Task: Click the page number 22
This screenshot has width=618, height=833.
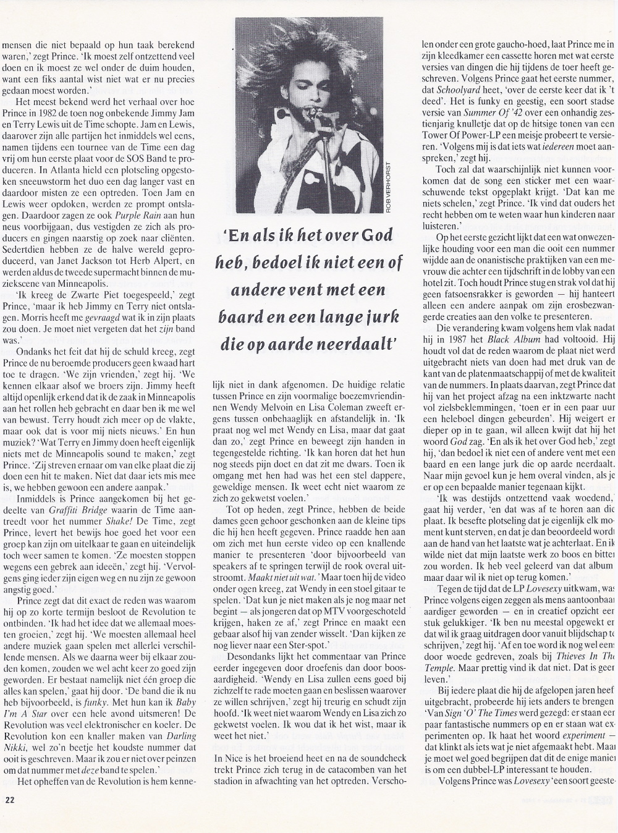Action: pyautogui.click(x=9, y=814)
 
